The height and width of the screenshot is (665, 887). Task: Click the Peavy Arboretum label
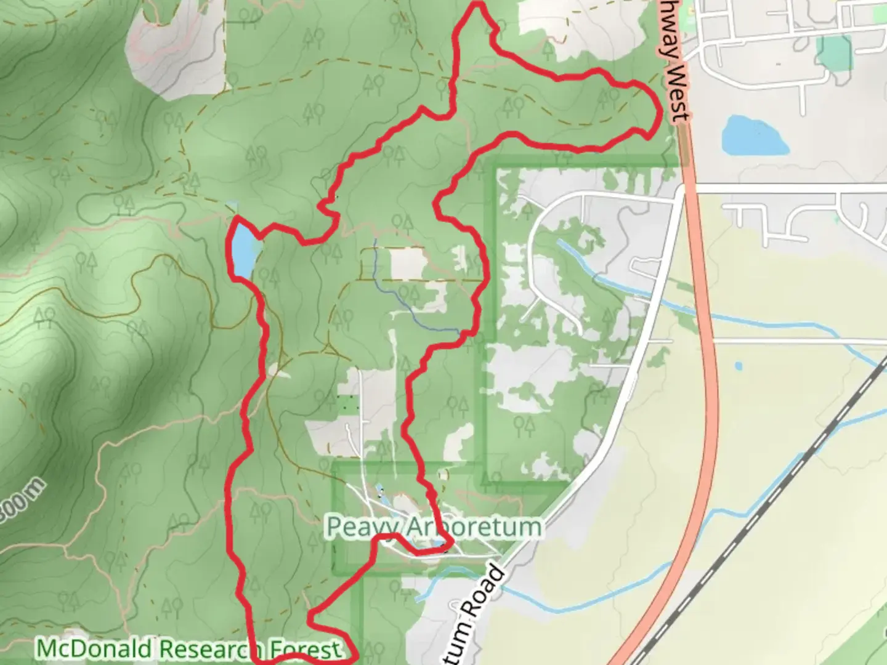tap(434, 527)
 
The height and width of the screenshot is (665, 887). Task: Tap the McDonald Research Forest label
tap(188, 649)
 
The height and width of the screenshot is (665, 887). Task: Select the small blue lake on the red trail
tap(243, 249)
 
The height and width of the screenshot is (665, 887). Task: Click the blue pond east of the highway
tap(754, 136)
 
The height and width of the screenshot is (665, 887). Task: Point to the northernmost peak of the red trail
tap(477, 6)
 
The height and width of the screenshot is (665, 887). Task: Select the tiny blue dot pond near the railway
tap(739, 366)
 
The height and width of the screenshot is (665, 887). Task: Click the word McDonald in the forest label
tap(92, 649)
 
